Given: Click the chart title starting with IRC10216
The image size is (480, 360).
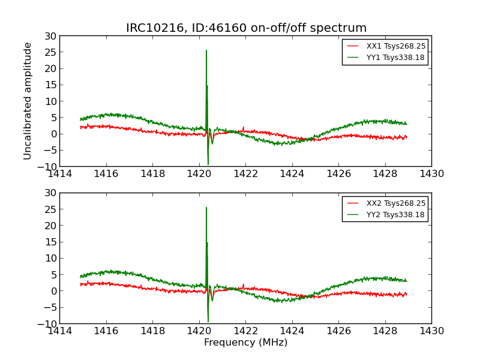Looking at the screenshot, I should (246, 28).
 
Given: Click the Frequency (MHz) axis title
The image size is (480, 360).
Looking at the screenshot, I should (245, 343).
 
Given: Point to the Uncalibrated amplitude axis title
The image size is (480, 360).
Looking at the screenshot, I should (28, 101).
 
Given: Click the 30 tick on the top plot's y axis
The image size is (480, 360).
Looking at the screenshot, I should (50, 36).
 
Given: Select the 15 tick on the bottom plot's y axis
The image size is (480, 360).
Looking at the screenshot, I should (50, 242).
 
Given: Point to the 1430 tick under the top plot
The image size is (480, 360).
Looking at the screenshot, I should (431, 174).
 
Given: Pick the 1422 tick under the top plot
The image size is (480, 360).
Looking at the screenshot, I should (245, 174).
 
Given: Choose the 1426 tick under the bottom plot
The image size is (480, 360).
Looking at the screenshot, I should (338, 331).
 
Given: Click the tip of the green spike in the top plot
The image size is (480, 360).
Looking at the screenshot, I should (206, 50).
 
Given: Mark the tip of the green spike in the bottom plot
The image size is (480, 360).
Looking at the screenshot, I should (206, 208).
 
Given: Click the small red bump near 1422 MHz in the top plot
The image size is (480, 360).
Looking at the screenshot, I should (244, 127).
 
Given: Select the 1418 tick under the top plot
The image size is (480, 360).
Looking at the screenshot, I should (153, 174).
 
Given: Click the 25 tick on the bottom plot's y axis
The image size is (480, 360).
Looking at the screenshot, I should (50, 209).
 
